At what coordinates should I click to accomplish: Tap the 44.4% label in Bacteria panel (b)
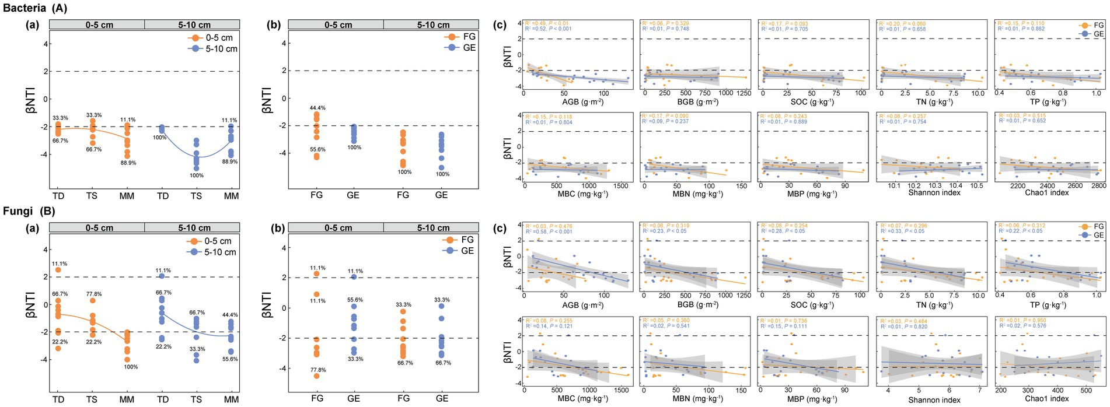[x=317, y=108]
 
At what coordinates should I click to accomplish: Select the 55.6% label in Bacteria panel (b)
[x=317, y=150]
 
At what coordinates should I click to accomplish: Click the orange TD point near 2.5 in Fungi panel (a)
[x=58, y=270]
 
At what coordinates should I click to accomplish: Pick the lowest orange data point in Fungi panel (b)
[x=317, y=376]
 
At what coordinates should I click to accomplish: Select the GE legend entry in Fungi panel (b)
[x=467, y=251]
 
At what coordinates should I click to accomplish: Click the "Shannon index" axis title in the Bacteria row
[x=934, y=192]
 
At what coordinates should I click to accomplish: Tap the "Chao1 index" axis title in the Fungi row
[x=1047, y=399]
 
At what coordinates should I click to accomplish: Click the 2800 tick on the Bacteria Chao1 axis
[x=1098, y=185]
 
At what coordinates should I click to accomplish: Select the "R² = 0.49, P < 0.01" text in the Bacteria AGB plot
[x=548, y=23]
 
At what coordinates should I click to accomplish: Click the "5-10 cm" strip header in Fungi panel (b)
[x=433, y=228]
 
